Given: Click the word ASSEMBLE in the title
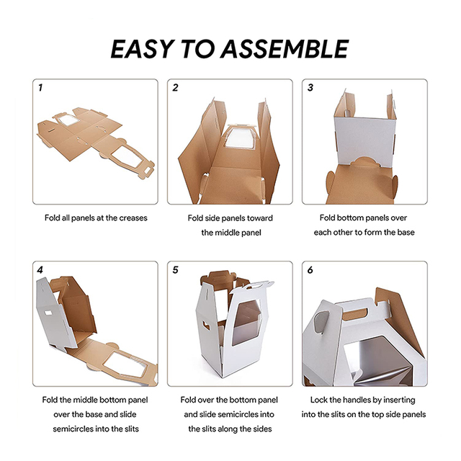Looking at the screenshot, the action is (285, 48).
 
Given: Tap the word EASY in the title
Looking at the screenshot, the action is (141, 48).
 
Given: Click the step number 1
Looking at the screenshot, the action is (40, 88).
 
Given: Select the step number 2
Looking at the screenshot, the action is (175, 88).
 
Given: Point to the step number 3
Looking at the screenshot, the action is (310, 88).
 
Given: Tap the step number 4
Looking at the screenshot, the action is (40, 270).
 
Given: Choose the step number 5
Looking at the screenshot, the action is (175, 270).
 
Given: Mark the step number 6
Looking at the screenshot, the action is (310, 270).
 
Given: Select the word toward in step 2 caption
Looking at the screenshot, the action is (259, 218).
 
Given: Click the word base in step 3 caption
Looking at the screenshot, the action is (406, 233).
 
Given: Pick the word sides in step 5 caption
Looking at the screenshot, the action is (263, 429).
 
